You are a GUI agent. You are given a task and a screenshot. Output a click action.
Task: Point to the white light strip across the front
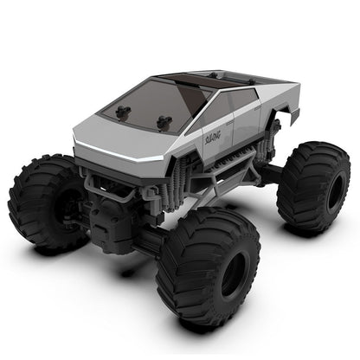coord(130,154)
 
